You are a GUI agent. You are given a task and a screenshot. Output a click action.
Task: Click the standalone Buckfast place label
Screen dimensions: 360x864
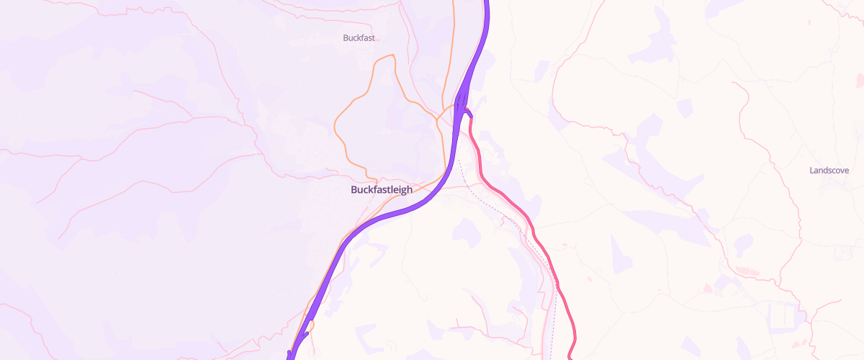point(359,37)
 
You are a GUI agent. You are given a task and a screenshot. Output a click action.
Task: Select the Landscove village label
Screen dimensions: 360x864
point(829,171)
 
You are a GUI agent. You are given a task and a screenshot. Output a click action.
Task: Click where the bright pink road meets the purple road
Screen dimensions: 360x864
point(465,109)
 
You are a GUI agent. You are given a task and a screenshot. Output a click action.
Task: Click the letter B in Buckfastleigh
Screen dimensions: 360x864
point(354,190)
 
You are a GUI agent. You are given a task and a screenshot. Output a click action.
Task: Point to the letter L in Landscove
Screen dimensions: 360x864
point(811,171)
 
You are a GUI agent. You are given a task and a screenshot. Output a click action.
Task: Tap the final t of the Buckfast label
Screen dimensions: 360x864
point(374,37)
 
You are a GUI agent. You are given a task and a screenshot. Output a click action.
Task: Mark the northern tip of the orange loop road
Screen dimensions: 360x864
point(392,55)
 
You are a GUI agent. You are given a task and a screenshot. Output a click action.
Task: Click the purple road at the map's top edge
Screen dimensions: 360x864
point(487,3)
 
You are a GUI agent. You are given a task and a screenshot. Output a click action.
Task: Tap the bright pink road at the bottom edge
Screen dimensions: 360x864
point(570,356)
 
